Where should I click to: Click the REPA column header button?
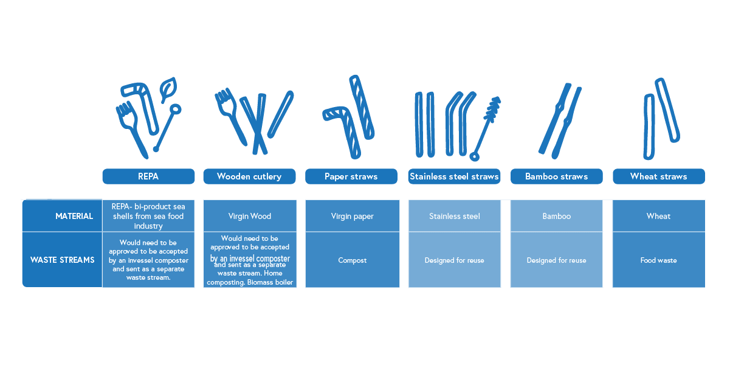coord(148,176)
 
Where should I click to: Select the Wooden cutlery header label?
coord(249,176)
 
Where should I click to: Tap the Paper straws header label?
coord(351,176)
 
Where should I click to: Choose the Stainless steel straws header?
coord(454,176)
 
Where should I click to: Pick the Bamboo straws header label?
coord(556,176)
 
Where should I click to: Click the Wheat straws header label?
coord(658,176)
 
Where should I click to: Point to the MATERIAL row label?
coord(74,216)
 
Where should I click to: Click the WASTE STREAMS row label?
coord(63,260)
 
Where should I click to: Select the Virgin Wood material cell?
coord(250,216)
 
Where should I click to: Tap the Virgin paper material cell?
coord(353,216)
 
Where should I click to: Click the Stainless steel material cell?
coord(455,216)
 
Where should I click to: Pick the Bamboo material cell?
coord(557,216)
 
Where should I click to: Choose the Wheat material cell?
coord(658,216)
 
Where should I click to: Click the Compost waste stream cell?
coord(353,260)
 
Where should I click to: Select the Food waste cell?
coord(658,260)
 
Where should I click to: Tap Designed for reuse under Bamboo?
coord(557,260)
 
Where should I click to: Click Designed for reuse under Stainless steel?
coord(455,260)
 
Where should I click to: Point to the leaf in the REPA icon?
coord(168,89)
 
